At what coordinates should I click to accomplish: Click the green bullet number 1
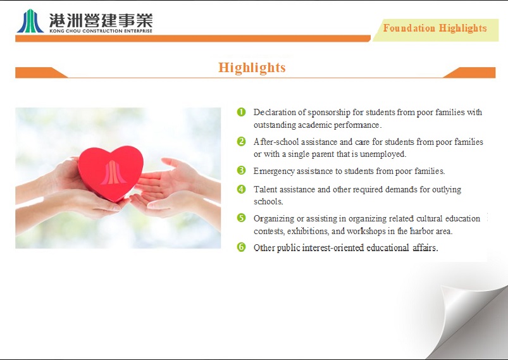click(x=242, y=112)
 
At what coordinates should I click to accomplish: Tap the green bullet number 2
click(x=242, y=141)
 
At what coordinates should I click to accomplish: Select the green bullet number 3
click(x=242, y=170)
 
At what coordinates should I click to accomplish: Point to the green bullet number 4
click(x=242, y=189)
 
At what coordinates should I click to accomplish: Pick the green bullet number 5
click(x=242, y=218)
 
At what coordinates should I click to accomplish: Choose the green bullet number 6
click(x=242, y=247)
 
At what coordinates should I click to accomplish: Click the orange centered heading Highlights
click(x=252, y=68)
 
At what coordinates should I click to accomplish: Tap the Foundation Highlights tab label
click(x=435, y=28)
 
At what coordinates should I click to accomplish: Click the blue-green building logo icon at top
click(x=30, y=21)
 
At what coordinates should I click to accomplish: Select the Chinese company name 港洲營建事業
click(x=101, y=20)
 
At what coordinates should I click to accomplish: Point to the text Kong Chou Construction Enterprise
click(x=101, y=31)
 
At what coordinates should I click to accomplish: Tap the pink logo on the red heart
click(x=113, y=173)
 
